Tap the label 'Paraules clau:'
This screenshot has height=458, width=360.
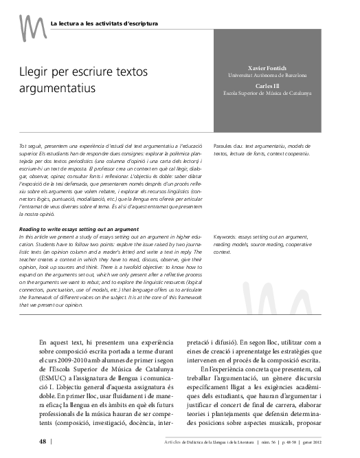point(229,147)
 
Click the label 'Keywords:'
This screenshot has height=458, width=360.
point(227,236)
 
